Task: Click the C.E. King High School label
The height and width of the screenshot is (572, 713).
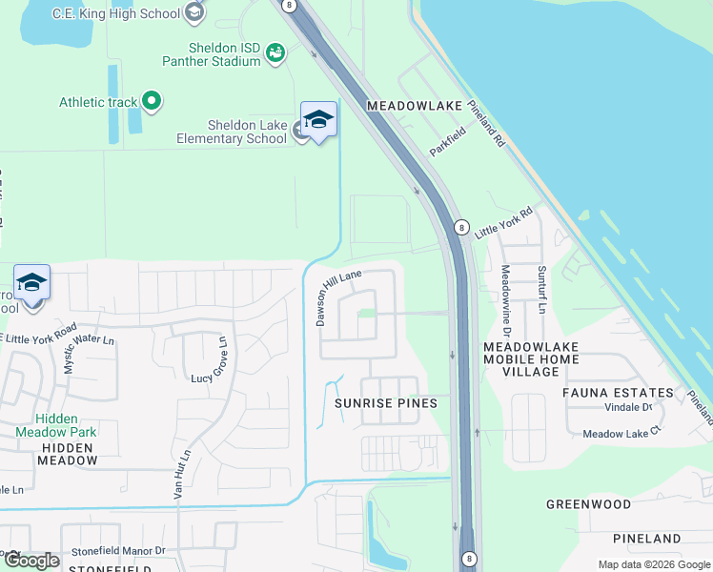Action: pyautogui.click(x=115, y=13)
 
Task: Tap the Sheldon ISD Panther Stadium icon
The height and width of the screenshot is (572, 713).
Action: pyautogui.click(x=275, y=53)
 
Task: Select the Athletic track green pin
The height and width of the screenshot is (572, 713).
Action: pyautogui.click(x=151, y=100)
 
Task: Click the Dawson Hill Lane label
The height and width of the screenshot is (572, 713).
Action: pyautogui.click(x=339, y=296)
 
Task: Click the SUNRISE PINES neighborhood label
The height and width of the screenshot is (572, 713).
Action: pyautogui.click(x=385, y=403)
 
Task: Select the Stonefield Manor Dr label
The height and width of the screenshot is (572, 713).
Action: pyautogui.click(x=117, y=550)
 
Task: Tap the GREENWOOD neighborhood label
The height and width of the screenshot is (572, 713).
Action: pyautogui.click(x=588, y=503)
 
